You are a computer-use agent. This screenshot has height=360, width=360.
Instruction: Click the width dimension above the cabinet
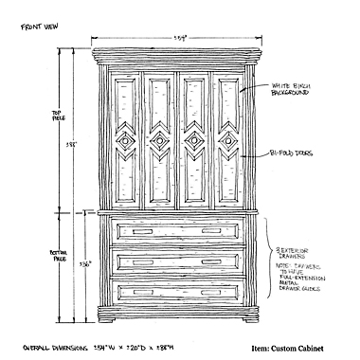point(179,38)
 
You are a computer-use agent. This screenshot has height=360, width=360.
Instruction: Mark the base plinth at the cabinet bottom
point(178,314)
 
